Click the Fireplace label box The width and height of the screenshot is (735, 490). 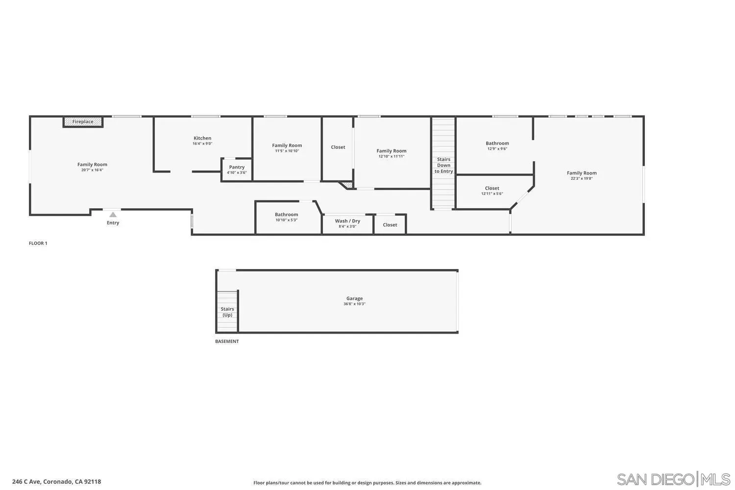tap(83, 122)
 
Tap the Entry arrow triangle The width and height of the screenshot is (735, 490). tap(113, 215)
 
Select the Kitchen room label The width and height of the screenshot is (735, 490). tap(202, 138)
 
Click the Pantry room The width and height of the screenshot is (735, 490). tap(237, 170)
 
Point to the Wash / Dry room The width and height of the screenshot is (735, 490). tap(347, 223)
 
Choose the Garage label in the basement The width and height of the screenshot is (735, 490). tap(354, 298)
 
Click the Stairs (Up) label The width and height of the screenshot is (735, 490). tap(227, 312)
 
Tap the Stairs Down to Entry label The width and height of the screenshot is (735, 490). tap(443, 165)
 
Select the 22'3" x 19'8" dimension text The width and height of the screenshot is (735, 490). tap(582, 178)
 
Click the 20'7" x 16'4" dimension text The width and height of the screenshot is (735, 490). tap(92, 170)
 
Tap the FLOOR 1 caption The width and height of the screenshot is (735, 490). tap(38, 243)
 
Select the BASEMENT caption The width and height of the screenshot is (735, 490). tap(227, 342)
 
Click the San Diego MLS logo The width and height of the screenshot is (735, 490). tap(673, 479)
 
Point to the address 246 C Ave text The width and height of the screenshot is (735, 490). tap(56, 482)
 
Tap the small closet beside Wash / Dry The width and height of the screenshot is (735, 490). tap(390, 225)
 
